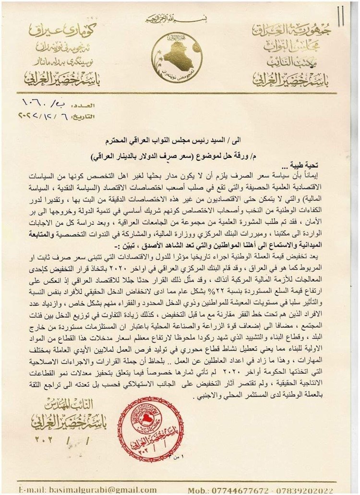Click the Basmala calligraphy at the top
[x=180, y=19]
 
